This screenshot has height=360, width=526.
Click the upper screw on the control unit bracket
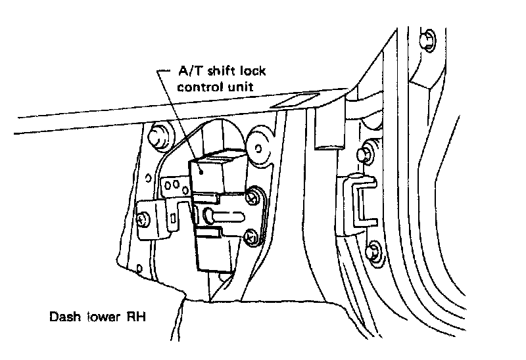pyautogui.click(x=253, y=196)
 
